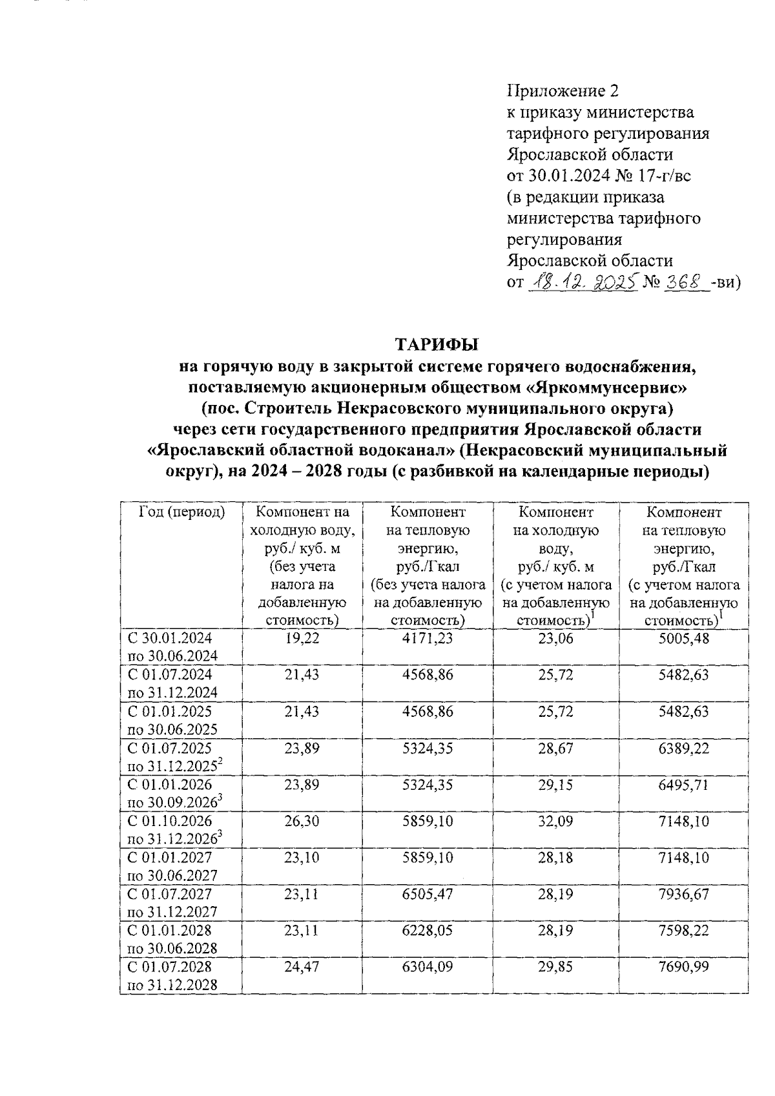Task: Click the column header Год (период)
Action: [x=182, y=512]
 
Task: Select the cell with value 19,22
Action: [x=302, y=639]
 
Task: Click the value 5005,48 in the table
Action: [x=684, y=639]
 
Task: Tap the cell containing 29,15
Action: [x=555, y=785]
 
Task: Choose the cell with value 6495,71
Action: [x=684, y=785]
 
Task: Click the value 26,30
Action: [x=302, y=822]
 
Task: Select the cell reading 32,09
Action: [x=555, y=822]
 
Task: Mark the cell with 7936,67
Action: [x=684, y=894]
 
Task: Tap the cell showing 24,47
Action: [x=302, y=967]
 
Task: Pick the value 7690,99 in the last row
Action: [x=684, y=967]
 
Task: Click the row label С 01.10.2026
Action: [x=170, y=822]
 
